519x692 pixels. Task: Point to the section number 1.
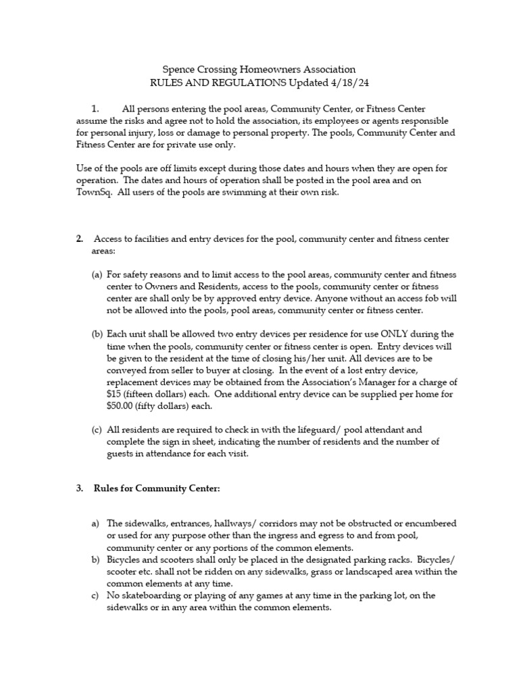(95, 108)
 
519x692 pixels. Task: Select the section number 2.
(79, 239)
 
